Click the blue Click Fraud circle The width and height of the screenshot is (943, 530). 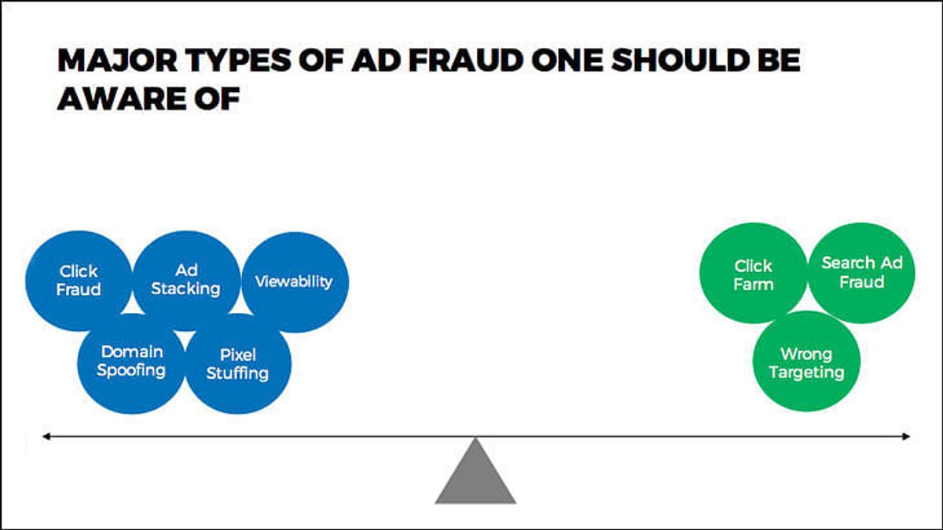pos(79,281)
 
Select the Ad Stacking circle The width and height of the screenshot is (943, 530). pos(186,281)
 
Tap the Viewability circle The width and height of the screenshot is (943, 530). pos(295,282)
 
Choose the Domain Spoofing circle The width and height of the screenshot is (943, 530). pos(131,363)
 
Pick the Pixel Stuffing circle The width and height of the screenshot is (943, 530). pos(238,363)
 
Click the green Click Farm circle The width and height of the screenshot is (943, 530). pos(754,273)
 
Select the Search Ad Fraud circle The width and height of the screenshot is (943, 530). pos(861,273)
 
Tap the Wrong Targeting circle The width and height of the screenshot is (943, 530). pos(806,361)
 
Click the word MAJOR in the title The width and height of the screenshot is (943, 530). pos(117,61)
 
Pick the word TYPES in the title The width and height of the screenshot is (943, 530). pos(239,61)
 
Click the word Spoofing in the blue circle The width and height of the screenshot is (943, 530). pos(131,371)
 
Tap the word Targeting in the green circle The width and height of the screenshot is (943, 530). pos(806,373)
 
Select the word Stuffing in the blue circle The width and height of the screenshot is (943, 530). pos(238,374)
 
